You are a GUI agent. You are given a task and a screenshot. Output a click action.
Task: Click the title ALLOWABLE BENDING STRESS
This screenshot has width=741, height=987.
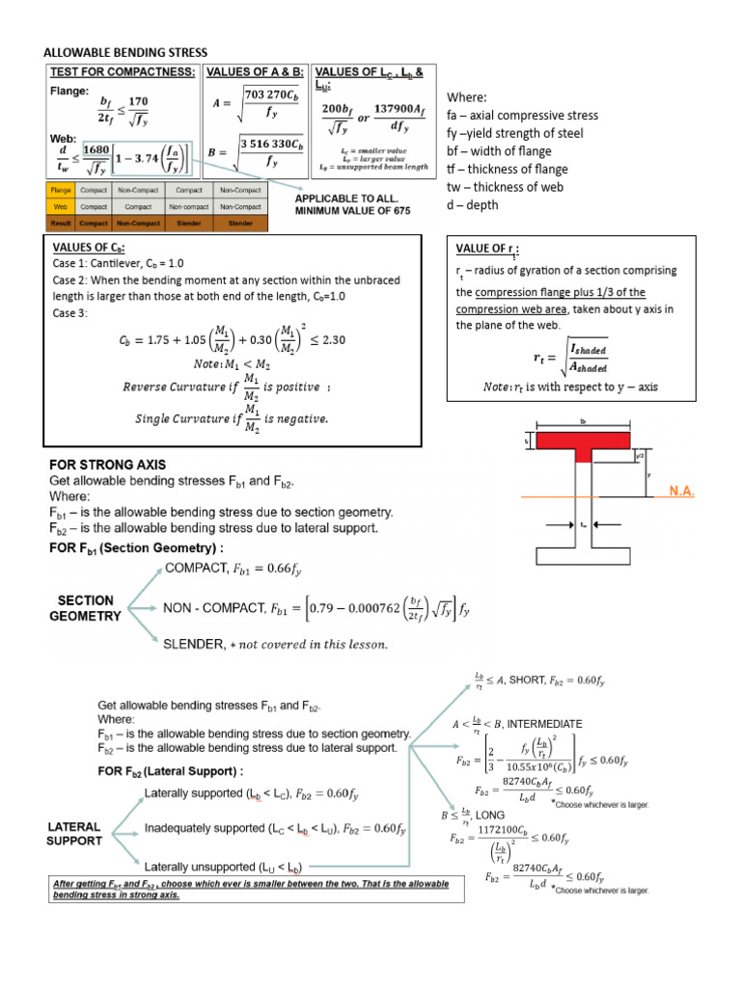(x=125, y=51)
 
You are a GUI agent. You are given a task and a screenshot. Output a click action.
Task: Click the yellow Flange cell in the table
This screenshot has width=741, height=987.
(x=59, y=191)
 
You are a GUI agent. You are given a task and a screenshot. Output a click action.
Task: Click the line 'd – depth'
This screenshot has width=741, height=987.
(x=472, y=205)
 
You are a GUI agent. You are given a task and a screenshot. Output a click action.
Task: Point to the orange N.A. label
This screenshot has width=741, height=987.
(x=680, y=492)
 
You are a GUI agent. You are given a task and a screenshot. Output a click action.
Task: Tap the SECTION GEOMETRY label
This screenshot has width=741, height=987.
(x=85, y=607)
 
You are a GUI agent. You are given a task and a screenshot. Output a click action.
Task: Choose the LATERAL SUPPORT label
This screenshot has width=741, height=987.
(x=73, y=834)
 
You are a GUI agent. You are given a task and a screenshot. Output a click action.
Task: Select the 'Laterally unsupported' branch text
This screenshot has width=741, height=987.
(x=207, y=864)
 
